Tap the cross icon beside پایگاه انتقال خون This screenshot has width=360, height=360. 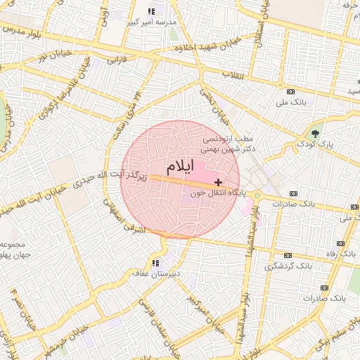219,182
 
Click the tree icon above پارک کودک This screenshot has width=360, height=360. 315,133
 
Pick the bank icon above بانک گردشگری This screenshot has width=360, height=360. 287,255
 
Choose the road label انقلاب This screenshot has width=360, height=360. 231,74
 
